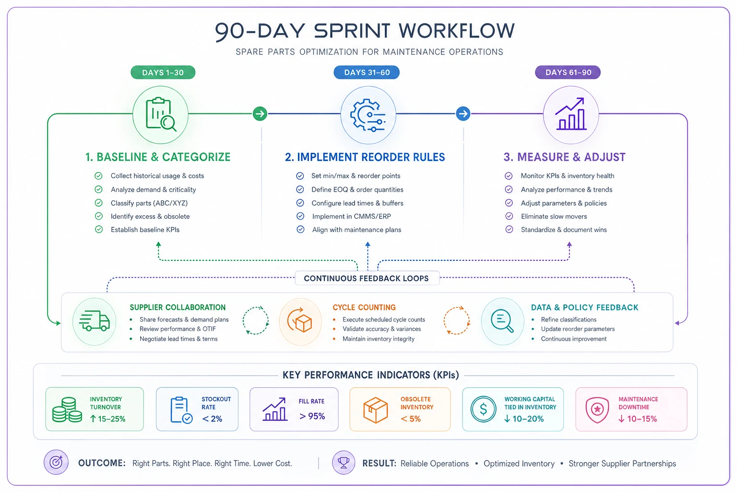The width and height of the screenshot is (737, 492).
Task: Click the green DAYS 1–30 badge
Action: click(163, 73)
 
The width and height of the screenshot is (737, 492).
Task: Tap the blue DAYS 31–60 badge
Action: click(367, 73)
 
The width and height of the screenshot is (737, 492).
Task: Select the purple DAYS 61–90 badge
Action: click(568, 73)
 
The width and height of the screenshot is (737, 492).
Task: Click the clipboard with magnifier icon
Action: click(161, 114)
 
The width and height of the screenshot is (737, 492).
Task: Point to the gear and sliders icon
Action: click(368, 115)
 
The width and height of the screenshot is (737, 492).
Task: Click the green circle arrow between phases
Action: click(260, 114)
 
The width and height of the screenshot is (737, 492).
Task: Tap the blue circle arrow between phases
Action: click(463, 114)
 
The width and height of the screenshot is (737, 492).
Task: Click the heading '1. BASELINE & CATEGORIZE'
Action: click(158, 157)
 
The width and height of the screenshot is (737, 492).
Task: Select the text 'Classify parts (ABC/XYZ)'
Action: click(149, 203)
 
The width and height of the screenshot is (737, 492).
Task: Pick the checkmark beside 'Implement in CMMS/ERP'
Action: click(300, 216)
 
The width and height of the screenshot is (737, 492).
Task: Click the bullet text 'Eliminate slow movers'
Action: click(554, 217)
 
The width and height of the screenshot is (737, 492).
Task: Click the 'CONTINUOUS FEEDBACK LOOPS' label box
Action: click(367, 278)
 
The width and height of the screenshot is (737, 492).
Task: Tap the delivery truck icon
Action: click(95, 320)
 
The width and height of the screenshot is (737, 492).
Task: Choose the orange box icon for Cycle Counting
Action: click(300, 321)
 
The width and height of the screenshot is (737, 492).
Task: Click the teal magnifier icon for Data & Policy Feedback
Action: click(502, 321)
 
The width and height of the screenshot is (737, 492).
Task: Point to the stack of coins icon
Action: click(67, 410)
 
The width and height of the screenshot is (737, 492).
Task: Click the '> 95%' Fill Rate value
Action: click(312, 416)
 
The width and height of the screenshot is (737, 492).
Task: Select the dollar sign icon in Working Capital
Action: click(483, 409)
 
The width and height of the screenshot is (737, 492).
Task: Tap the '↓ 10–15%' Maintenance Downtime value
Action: click(638, 419)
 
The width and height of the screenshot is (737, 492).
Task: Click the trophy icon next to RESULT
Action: click(344, 463)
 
